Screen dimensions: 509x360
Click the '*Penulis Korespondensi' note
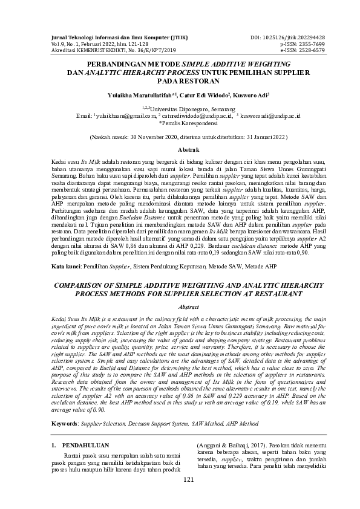(180, 121)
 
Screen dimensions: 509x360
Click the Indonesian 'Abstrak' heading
(180, 149)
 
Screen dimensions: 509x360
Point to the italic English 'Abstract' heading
(180, 308)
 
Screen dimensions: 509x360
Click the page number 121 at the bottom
(180, 497)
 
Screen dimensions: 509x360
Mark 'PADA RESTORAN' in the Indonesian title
(180, 80)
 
